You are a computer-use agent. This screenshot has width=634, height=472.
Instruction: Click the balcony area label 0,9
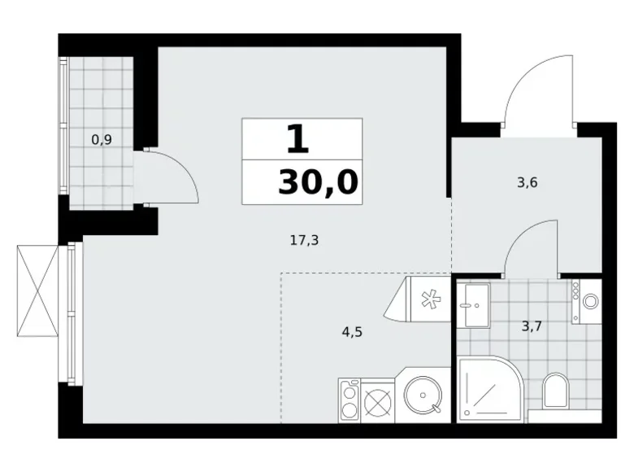pyautogui.click(x=102, y=139)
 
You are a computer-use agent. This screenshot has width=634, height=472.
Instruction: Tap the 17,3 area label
pyautogui.click(x=303, y=240)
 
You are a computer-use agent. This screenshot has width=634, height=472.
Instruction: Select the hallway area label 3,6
pyautogui.click(x=527, y=182)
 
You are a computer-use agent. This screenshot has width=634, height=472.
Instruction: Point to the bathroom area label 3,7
pyautogui.click(x=532, y=327)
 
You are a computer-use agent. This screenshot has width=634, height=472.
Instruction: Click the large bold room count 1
pyautogui.click(x=298, y=139)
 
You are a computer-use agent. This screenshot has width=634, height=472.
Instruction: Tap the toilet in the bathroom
pyautogui.click(x=554, y=391)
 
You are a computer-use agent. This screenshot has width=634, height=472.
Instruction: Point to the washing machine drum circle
pyautogui.click(x=588, y=301)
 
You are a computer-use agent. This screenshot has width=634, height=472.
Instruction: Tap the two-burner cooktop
pyautogui.click(x=350, y=401)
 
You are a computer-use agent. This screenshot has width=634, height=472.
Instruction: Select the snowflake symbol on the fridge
pyautogui.click(x=428, y=298)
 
